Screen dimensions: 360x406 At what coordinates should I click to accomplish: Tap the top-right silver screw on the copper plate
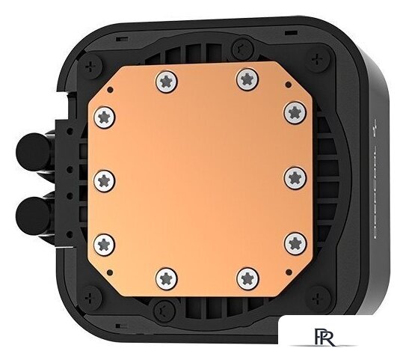tap(245, 79)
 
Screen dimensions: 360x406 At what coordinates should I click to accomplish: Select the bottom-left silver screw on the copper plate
tap(165, 278)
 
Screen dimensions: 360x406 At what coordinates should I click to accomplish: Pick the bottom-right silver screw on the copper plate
tap(246, 278)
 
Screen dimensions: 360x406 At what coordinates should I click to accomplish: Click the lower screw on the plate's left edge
tap(104, 242)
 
